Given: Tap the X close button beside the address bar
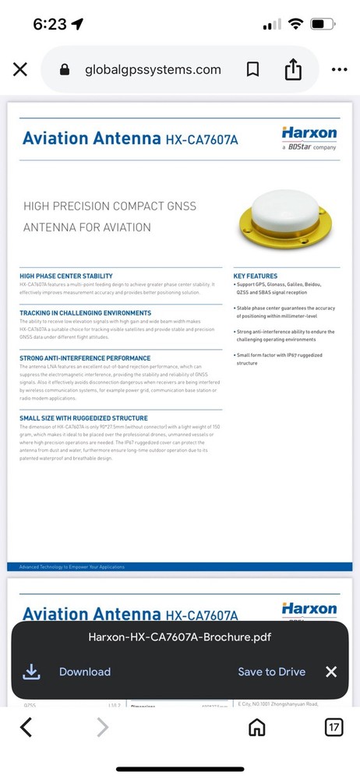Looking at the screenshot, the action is coord(20,69).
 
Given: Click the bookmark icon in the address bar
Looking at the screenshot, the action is coord(252,69).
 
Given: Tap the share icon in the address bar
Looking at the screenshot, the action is coord(293,69).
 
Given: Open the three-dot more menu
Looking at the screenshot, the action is coord(339,69).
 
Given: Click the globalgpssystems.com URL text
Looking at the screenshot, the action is coord(153,69).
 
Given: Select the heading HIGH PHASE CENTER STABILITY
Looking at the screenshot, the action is coord(66,276).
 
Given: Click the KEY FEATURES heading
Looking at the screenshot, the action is coord(256,276).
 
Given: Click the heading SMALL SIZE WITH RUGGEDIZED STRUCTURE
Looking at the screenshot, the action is coord(83,418).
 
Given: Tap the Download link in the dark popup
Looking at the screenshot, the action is coord(84,671).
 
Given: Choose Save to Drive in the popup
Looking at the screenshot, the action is coord(271,671).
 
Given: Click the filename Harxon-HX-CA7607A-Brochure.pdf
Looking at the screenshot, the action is coord(180,637).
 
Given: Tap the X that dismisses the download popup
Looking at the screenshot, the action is coord(331,671).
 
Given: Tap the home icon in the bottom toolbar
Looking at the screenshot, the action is coord(256,728).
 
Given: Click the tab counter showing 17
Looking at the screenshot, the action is coord(334,728).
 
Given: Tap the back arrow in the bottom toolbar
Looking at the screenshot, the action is coord(26,728).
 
